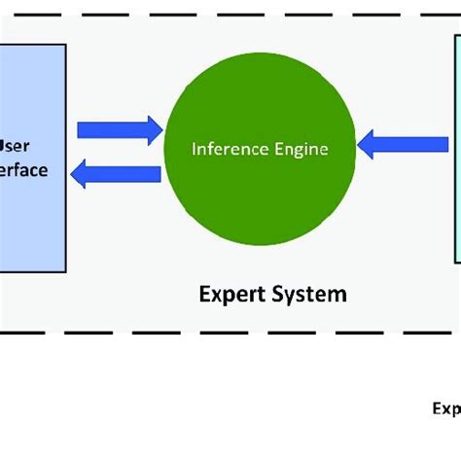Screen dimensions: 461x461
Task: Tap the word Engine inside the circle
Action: (298, 150)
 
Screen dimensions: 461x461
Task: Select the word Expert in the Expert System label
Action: (232, 294)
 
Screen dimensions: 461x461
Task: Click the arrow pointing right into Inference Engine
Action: (119, 129)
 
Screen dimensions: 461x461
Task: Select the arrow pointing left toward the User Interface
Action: (119, 174)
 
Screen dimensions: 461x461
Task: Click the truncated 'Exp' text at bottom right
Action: (446, 408)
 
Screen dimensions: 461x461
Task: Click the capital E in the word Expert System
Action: (204, 293)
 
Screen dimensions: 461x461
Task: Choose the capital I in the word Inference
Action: (195, 150)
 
